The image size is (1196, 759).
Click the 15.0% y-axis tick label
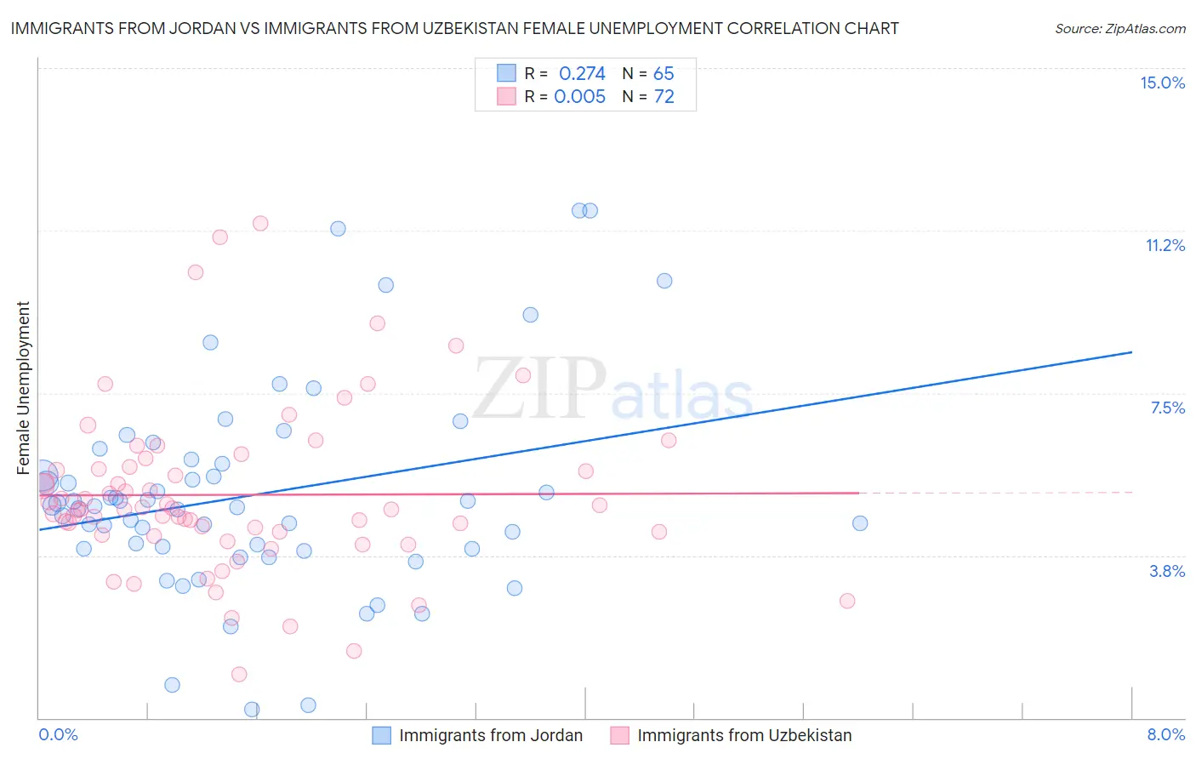pos(1162,83)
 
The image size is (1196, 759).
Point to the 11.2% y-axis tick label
pos(1165,245)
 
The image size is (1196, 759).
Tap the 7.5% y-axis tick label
pos(1167,408)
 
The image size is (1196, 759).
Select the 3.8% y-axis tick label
pos(1167,571)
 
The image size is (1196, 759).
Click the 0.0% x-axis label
pos(58,734)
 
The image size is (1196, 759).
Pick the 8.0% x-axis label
pos(1165,734)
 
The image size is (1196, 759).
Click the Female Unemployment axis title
pos(23,387)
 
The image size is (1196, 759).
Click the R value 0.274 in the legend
pos(582,73)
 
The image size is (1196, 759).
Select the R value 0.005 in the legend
pos(579,96)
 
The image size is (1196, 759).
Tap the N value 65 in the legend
pos(663,73)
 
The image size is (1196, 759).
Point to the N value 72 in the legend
pos(663,96)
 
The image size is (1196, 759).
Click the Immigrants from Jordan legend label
pos(491,735)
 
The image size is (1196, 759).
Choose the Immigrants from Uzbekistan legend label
pos(744,735)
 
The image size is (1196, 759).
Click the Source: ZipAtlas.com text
pos(1119,29)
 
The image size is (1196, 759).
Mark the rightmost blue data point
pos(860,523)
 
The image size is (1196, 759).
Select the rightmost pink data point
pos(847,601)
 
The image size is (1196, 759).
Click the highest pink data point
pos(260,223)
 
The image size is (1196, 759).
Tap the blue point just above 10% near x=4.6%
pos(664,281)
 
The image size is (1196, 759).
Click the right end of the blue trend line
pos(1131,352)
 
